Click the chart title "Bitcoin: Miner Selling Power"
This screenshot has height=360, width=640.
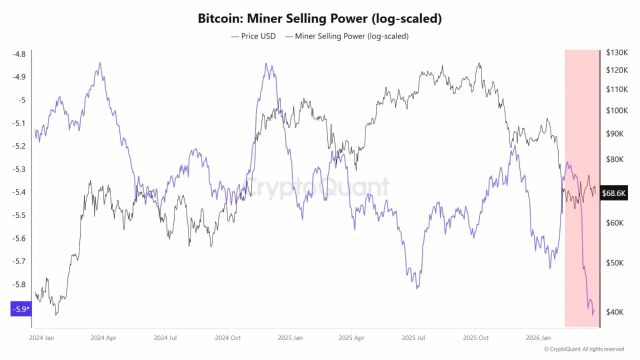(320, 19)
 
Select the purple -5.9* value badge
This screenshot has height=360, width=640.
(20, 309)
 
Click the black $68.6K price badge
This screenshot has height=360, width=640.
(614, 193)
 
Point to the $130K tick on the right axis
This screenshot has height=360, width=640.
(616, 52)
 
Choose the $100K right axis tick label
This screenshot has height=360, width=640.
(616, 110)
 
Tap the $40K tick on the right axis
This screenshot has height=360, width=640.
(614, 312)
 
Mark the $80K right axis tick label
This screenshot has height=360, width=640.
(614, 159)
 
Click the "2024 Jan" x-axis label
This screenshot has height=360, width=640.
(41, 338)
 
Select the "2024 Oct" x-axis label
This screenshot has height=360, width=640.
(227, 338)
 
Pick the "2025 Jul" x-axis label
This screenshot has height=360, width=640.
(414, 338)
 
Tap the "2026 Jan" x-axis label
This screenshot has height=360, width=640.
(538, 338)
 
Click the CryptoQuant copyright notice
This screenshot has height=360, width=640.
(584, 349)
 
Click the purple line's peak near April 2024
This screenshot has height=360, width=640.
(100, 63)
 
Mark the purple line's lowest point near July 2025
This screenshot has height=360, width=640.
(417, 288)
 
